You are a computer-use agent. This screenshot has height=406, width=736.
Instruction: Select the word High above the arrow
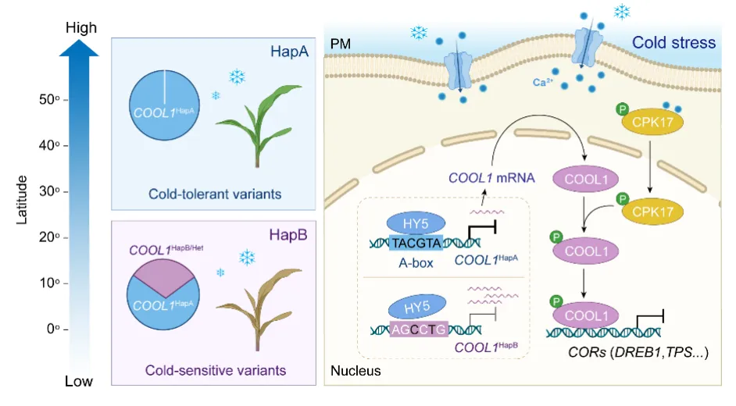[x=81, y=28]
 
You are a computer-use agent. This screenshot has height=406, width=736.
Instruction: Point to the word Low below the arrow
[x=79, y=382]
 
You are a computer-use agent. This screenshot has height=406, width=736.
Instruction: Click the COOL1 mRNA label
[x=491, y=177]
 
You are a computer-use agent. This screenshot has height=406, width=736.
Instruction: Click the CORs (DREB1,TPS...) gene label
[x=638, y=352]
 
